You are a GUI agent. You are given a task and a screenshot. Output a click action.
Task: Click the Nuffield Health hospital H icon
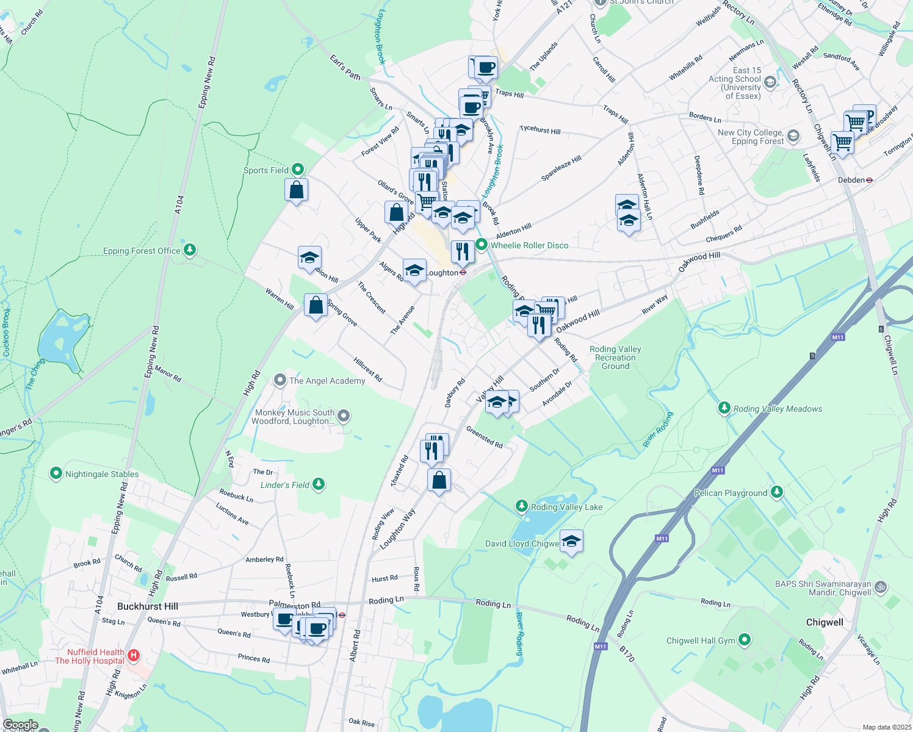134,656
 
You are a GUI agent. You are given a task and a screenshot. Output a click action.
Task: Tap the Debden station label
851,180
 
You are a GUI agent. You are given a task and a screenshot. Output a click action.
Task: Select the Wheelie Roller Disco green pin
482,245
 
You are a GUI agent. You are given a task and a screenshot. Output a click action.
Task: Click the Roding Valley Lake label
566,507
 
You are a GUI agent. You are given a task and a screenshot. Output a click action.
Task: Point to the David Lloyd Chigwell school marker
571,541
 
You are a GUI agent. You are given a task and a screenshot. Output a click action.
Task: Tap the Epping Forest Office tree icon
190,249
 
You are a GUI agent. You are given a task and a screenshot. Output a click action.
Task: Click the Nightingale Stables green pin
56,473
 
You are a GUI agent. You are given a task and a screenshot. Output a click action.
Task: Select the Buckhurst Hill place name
148,606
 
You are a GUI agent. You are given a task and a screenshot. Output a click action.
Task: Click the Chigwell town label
825,622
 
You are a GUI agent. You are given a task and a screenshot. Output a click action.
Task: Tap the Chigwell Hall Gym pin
744,640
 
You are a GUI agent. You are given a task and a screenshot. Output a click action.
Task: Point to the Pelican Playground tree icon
776,492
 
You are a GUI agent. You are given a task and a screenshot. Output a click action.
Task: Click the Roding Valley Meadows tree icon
724,407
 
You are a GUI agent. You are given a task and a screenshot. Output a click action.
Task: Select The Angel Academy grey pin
280,380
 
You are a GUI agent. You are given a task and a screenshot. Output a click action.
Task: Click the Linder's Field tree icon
318,484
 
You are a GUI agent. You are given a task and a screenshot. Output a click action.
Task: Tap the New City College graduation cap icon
793,136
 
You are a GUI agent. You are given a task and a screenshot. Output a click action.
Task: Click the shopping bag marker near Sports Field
296,190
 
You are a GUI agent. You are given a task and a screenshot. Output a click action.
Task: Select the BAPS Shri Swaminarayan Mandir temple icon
880,587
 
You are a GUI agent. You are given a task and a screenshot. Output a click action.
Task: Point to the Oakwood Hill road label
577,321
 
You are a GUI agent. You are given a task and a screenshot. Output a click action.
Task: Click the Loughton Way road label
397,529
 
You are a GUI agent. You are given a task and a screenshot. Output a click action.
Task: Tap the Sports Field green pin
298,170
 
